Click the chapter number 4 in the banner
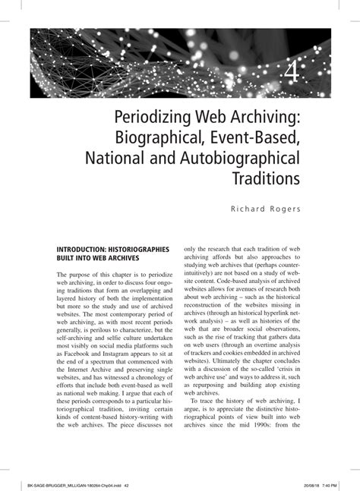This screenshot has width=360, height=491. [294, 74]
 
